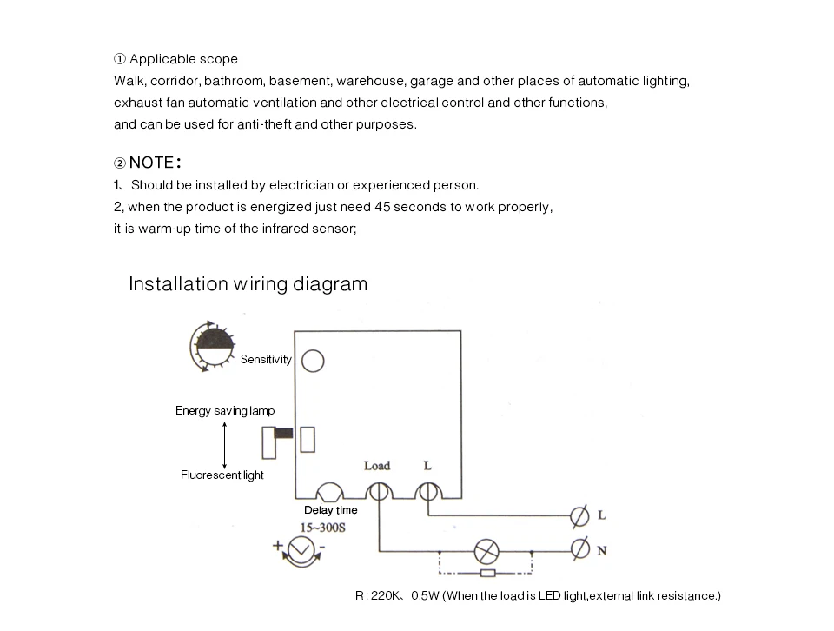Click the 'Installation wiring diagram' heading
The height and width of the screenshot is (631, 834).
coord(248,284)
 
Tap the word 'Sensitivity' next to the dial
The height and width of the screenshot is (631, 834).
coord(266,360)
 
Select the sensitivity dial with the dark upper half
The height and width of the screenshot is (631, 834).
coord(214,345)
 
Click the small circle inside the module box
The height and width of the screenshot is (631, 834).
coord(313,361)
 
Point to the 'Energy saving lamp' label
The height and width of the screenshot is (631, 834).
coord(225,411)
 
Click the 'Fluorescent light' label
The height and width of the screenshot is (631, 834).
coord(222,475)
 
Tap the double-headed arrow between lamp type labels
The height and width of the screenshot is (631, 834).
coord(224,443)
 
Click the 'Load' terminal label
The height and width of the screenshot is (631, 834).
coord(377,466)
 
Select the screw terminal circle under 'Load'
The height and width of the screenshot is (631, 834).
coord(378,492)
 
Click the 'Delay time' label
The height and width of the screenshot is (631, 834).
coord(330,510)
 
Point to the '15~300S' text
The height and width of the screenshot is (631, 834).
coord(323,528)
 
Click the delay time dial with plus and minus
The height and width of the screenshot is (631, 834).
coord(300,550)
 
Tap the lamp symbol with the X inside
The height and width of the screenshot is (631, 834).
coord(486,550)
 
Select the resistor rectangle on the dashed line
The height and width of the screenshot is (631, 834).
coord(487,574)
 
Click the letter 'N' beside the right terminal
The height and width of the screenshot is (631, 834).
coord(601,549)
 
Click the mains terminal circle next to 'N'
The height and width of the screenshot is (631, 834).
coord(579,549)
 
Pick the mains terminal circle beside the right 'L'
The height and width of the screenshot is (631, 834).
coord(579,515)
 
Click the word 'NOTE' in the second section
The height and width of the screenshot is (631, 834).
coord(152,163)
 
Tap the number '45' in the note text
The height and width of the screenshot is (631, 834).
coord(382,207)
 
